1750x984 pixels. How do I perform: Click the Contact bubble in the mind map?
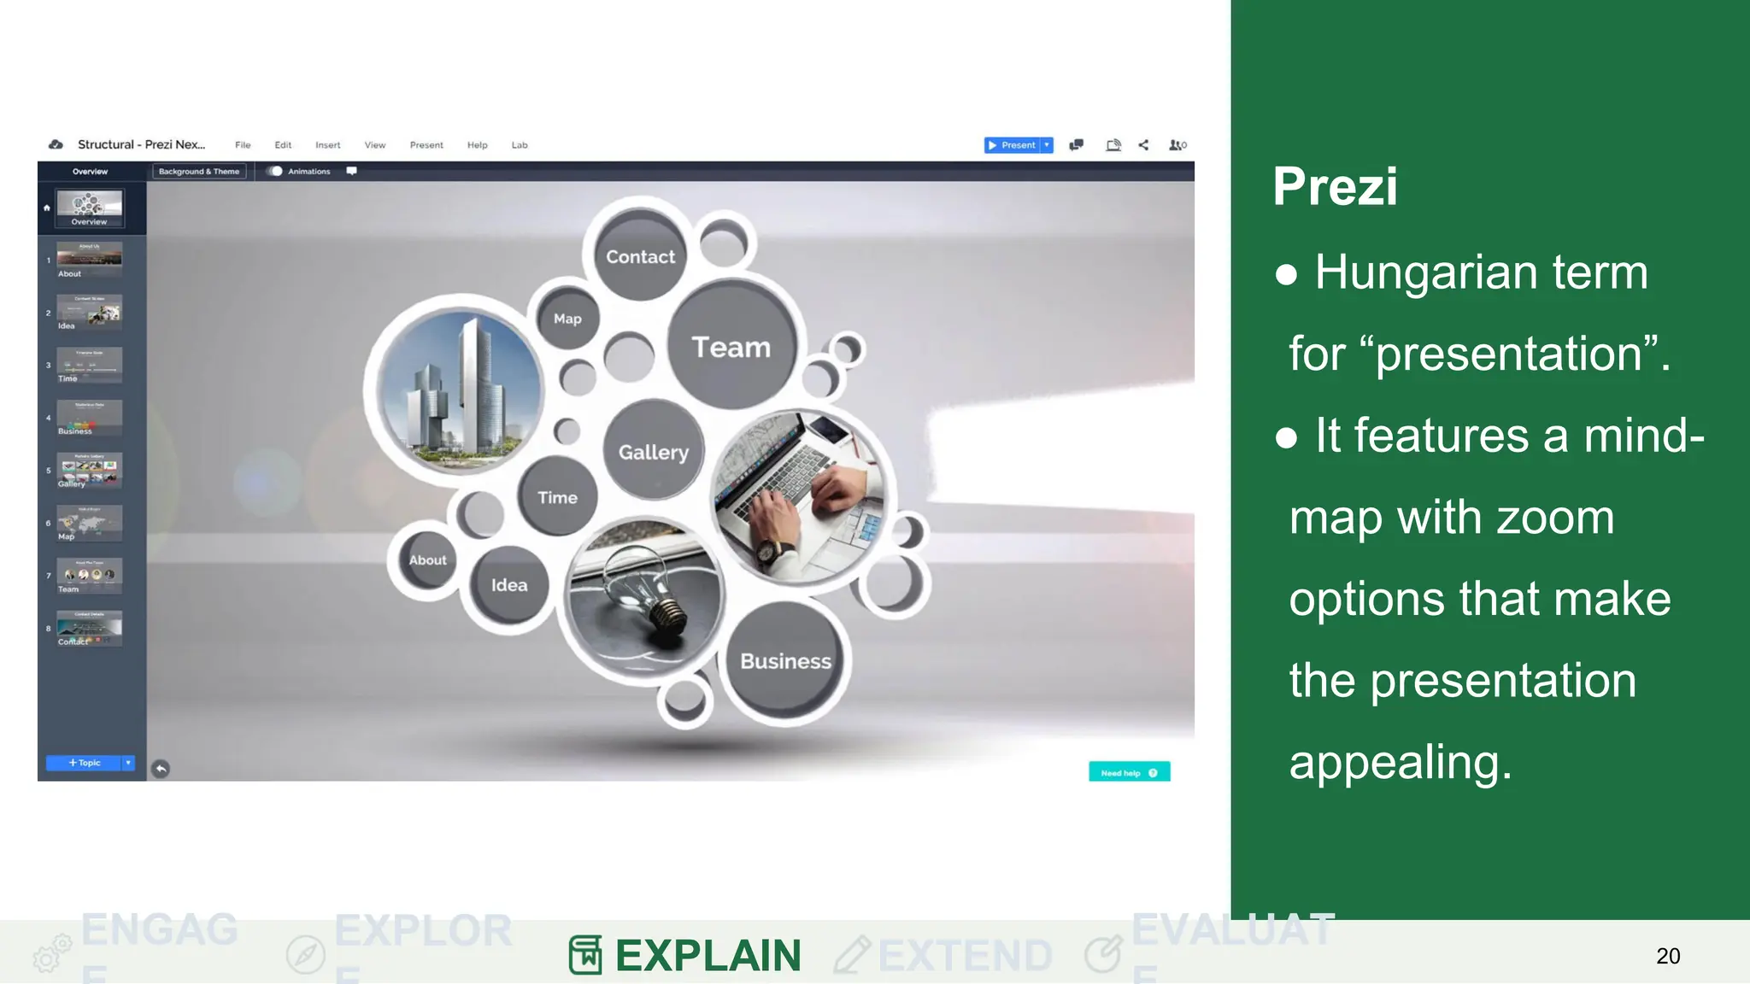pyautogui.click(x=640, y=256)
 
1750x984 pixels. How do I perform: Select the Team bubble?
pyautogui.click(x=731, y=347)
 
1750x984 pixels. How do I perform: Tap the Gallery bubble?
pyautogui.click(x=654, y=452)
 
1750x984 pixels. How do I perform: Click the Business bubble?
pyautogui.click(x=785, y=660)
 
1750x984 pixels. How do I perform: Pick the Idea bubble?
pyautogui.click(x=509, y=585)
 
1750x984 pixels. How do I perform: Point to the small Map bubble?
pyautogui.click(x=567, y=319)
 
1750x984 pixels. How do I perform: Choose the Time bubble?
pyautogui.click(x=557, y=497)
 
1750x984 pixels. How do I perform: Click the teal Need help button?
pyautogui.click(x=1128, y=772)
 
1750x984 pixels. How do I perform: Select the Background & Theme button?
pyautogui.click(x=199, y=172)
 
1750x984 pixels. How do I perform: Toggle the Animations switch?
pyautogui.click(x=274, y=172)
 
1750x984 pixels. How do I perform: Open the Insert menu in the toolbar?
pyautogui.click(x=327, y=145)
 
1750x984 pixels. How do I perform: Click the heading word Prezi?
pyautogui.click(x=1335, y=186)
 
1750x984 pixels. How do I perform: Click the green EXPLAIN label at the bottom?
pyautogui.click(x=708, y=955)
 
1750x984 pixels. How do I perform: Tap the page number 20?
pyautogui.click(x=1667, y=956)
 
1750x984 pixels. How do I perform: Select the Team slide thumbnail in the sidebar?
pyautogui.click(x=90, y=575)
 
